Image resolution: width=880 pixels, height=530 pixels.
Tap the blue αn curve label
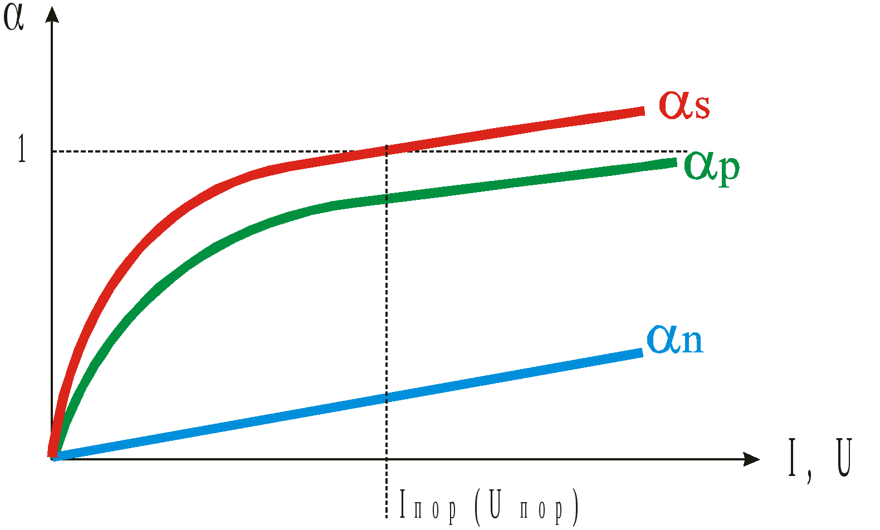tap(674, 339)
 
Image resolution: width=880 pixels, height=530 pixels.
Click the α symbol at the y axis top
tap(13, 18)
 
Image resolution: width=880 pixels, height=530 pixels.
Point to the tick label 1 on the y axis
tap(22, 149)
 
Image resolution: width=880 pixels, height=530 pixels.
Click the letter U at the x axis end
tap(844, 458)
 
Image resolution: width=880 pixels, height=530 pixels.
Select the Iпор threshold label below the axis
tap(428, 506)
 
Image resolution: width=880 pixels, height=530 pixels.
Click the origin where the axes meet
tap(52, 459)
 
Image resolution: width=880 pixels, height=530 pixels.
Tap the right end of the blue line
tap(642, 352)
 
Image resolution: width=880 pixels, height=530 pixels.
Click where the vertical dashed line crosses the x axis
tap(387, 459)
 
